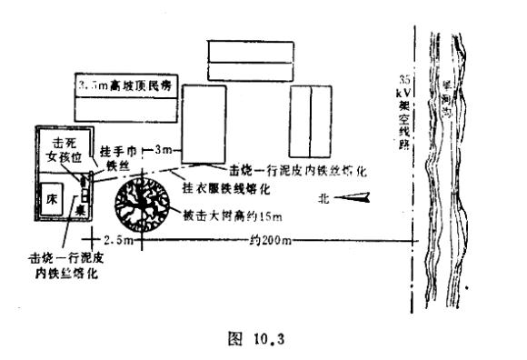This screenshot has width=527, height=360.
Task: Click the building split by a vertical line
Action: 311,110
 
